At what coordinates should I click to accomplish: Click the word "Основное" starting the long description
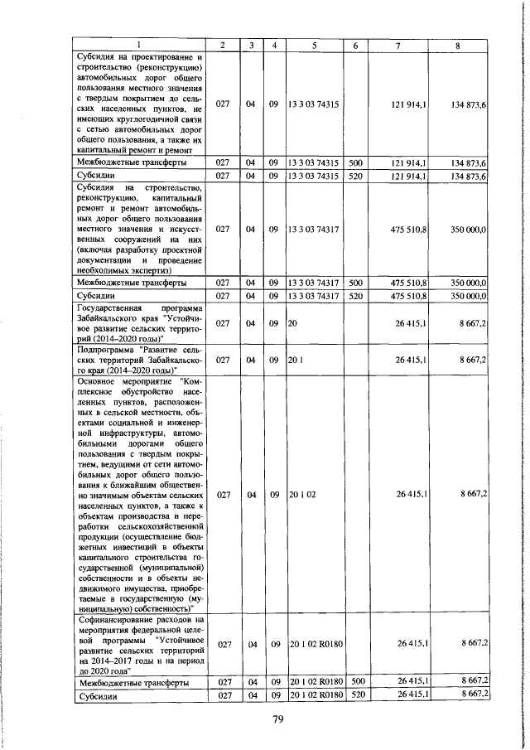(99, 381)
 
